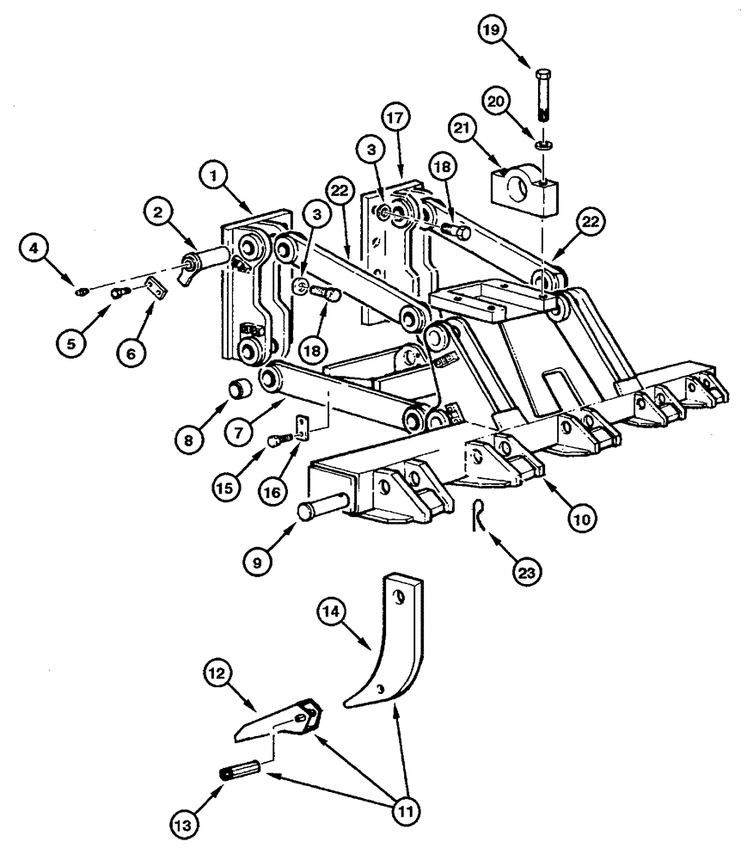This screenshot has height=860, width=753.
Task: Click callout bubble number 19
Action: coord(493,31)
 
